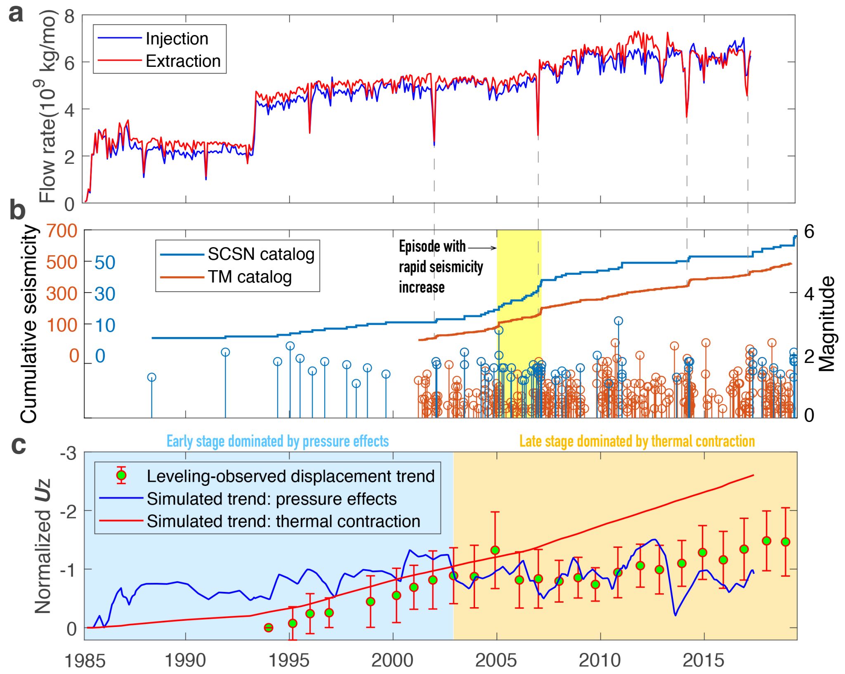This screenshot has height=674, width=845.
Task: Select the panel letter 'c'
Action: click(18, 445)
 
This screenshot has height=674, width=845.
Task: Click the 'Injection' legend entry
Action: click(177, 39)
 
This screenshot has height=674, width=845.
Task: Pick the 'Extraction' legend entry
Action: click(183, 61)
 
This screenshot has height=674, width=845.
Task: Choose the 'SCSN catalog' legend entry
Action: click(261, 254)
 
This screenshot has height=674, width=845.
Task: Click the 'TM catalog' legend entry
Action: click(250, 277)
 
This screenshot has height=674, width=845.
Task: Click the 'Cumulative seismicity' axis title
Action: click(29, 324)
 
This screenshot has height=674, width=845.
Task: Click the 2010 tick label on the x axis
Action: click(600, 660)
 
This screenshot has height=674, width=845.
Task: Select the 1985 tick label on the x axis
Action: click(85, 660)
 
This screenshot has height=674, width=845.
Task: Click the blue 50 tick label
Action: click(105, 262)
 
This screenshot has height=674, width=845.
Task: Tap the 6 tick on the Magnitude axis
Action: click(809, 232)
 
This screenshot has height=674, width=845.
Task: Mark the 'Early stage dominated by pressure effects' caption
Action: click(278, 441)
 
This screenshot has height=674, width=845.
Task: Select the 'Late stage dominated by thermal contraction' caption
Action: click(637, 441)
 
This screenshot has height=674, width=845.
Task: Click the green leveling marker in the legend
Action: click(121, 476)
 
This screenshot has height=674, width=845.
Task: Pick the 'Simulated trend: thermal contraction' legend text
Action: click(283, 521)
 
